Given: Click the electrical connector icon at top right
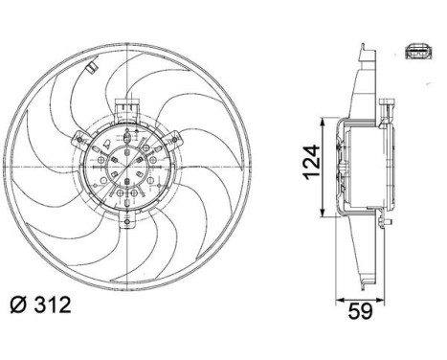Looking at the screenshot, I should (x=418, y=53).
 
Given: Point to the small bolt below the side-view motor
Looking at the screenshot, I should (x=385, y=221).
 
